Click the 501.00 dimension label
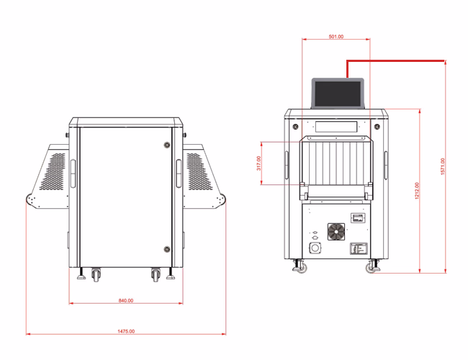(336, 37)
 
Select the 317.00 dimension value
(258, 163)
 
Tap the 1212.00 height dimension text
(417, 191)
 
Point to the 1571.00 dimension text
(443, 166)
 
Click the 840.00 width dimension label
(126, 300)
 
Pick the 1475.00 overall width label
(126, 331)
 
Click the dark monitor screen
(338, 94)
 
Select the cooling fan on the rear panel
(336, 231)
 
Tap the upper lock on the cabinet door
(167, 145)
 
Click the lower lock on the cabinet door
(167, 249)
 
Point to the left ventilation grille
(53, 171)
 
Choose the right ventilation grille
(199, 171)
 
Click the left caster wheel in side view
(96, 274)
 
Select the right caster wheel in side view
(156, 274)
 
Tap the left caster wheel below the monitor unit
(300, 266)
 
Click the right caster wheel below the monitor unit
(372, 266)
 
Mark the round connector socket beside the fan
(315, 248)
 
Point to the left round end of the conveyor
(30, 200)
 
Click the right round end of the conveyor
(222, 200)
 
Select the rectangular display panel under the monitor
(336, 127)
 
